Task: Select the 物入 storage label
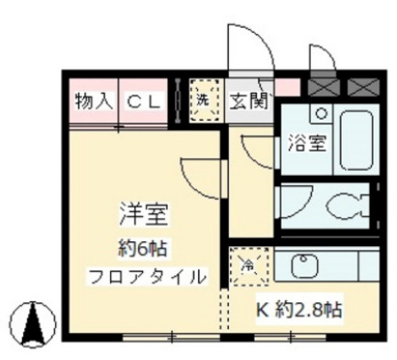(95, 100)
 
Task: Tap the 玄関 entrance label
(249, 100)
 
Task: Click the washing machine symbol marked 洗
(204, 100)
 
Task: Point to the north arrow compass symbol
(35, 320)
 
